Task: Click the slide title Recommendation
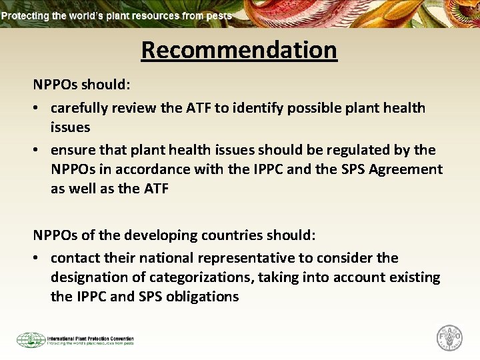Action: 239,50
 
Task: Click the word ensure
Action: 72,150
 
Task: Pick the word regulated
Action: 355,150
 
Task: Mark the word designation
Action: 91,277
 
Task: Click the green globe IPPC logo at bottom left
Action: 31,340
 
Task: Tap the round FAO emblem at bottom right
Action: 449,337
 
